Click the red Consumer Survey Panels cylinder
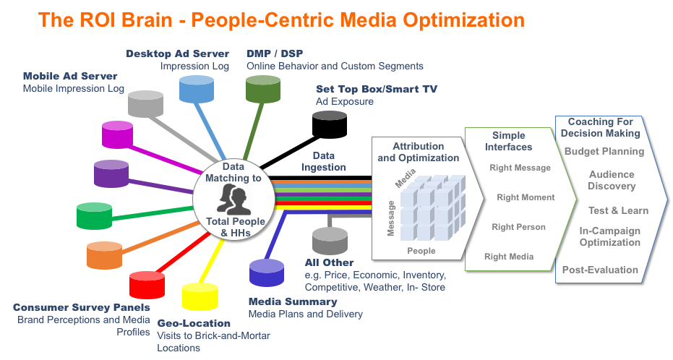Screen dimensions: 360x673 click(x=147, y=285)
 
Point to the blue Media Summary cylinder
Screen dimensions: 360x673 click(x=267, y=273)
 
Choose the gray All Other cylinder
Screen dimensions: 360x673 click(x=330, y=240)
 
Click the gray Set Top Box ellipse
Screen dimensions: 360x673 click(x=330, y=115)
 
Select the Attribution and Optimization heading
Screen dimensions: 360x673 click(x=418, y=153)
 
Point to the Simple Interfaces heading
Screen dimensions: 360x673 click(x=508, y=141)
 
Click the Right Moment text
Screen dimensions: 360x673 click(x=526, y=197)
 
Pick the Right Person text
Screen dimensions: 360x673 click(x=518, y=227)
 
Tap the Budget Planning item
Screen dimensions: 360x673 click(x=604, y=152)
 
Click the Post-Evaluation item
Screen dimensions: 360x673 click(x=600, y=270)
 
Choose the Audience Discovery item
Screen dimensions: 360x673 click(x=612, y=181)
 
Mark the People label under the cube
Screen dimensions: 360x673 click(x=421, y=251)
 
